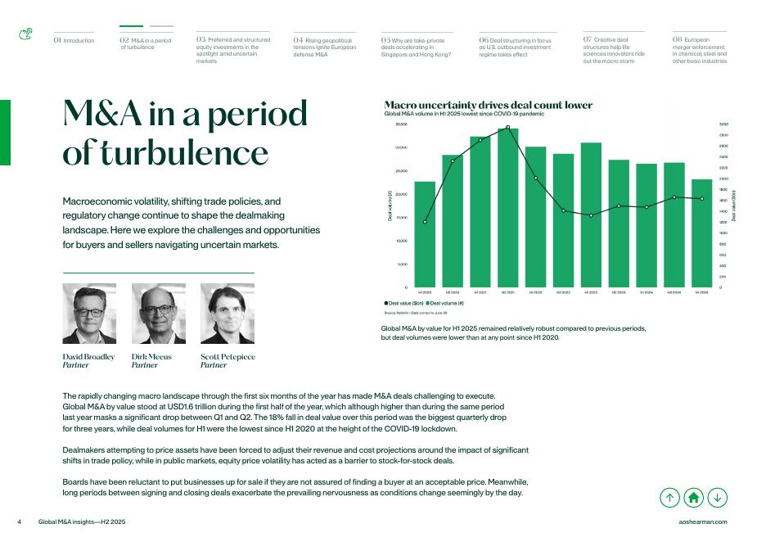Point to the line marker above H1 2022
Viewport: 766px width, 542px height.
[x=535, y=178]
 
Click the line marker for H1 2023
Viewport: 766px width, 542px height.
[x=591, y=215]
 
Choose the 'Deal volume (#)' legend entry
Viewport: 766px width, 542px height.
[x=448, y=304]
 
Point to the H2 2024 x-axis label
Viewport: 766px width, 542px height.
[x=674, y=292]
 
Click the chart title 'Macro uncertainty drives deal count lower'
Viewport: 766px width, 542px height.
[x=488, y=105]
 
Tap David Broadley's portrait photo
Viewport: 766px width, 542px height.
[x=89, y=314]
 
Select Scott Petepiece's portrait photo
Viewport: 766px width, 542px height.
[x=227, y=314]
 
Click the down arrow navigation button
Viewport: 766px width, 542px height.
[x=717, y=496]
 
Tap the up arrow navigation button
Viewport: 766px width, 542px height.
[x=669, y=496]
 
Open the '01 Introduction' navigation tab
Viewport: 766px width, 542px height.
[x=74, y=38]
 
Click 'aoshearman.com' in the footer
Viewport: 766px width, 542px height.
[x=703, y=522]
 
